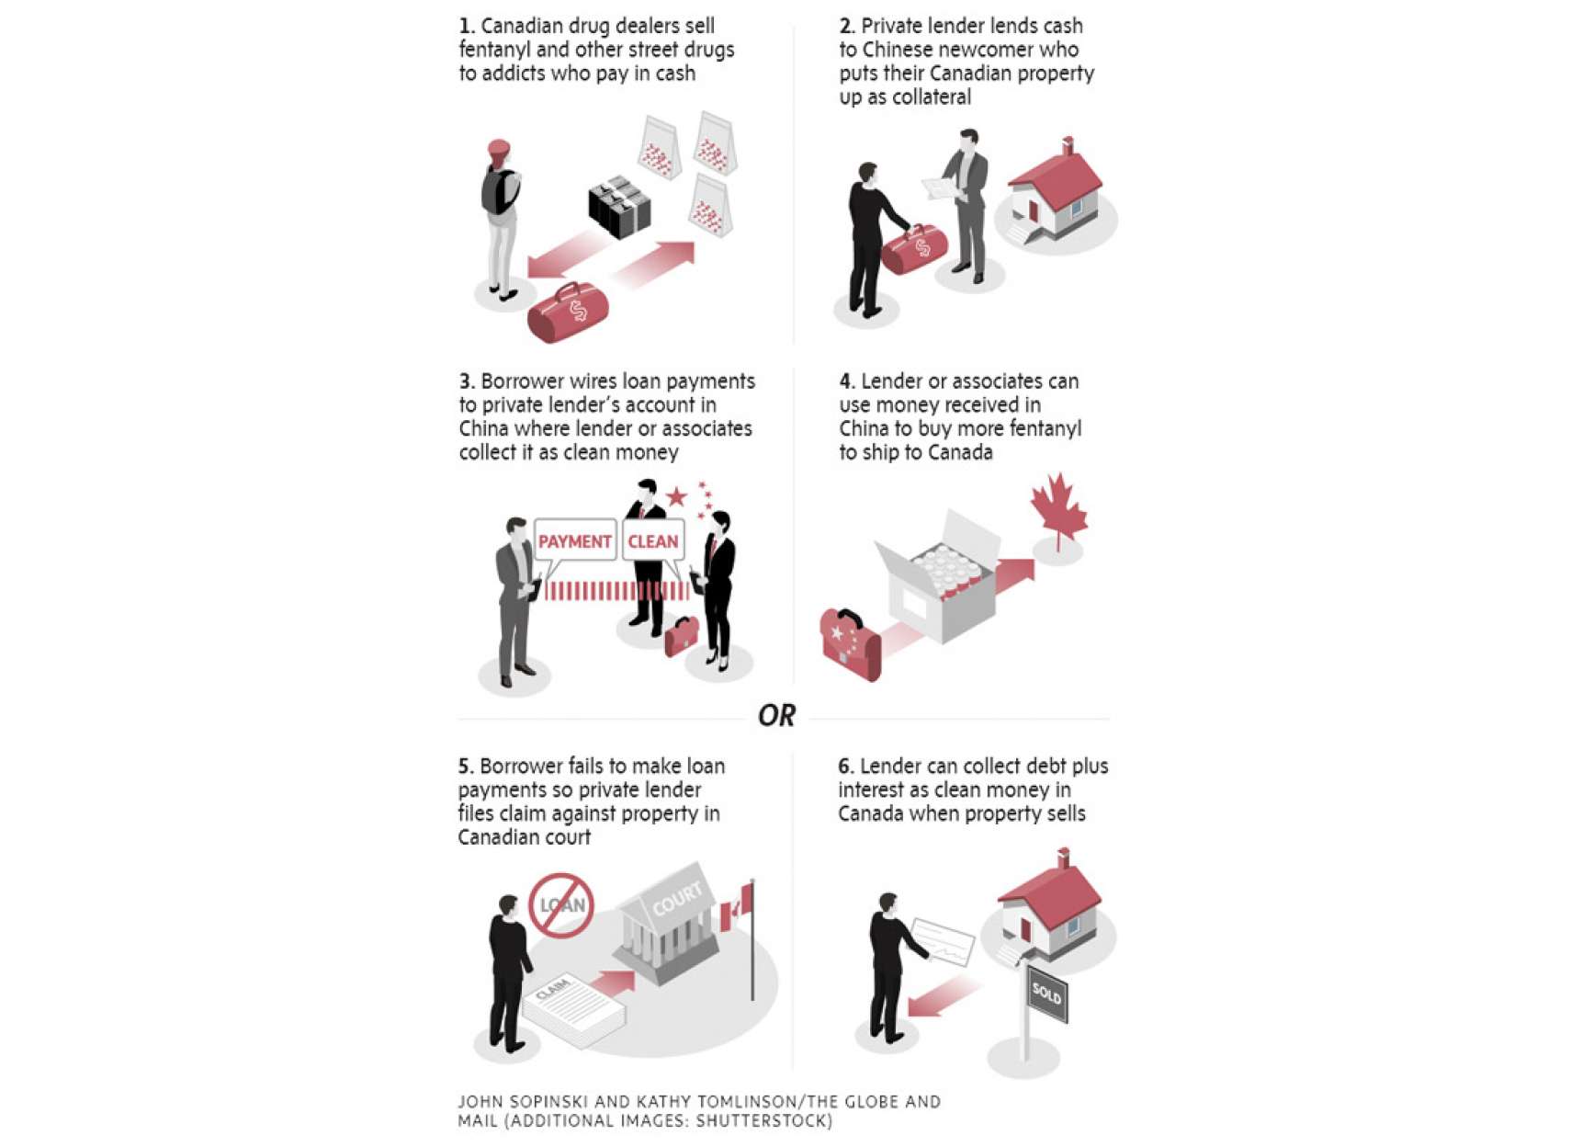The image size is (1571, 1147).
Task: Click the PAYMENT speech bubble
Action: [x=575, y=542]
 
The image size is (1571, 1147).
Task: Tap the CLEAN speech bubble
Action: [x=653, y=542]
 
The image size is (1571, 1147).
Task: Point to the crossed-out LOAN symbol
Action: [x=561, y=905]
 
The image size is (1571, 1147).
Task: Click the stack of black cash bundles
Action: [x=619, y=206]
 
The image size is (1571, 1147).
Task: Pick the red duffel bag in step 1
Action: [x=568, y=312]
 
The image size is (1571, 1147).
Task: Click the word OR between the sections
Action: [x=776, y=716]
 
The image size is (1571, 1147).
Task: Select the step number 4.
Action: [x=846, y=381]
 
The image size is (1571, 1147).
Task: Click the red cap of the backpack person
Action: [x=499, y=150]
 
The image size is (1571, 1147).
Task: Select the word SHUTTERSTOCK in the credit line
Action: [x=763, y=1120]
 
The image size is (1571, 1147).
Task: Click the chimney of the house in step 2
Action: [x=1068, y=146]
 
